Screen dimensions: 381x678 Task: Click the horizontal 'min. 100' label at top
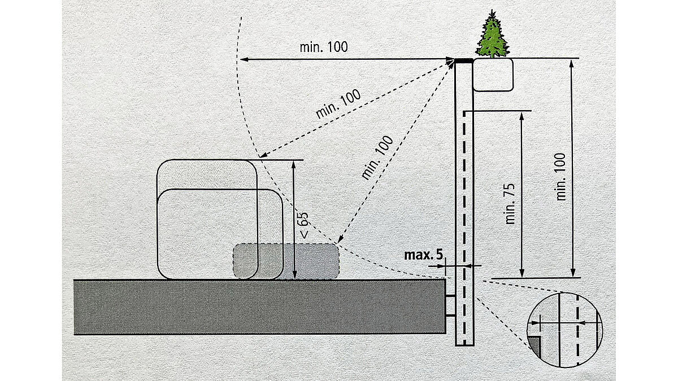point(323,47)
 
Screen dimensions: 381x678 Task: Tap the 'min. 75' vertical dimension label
point(511,203)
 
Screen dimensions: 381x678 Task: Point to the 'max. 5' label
point(424,255)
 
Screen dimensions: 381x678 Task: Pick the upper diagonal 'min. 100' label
point(338,103)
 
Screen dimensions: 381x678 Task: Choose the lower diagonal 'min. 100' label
point(377,157)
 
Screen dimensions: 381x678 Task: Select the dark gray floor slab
point(260,306)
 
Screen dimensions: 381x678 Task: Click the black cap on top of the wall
point(464,59)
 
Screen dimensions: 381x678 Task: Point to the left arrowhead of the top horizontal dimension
point(241,59)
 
